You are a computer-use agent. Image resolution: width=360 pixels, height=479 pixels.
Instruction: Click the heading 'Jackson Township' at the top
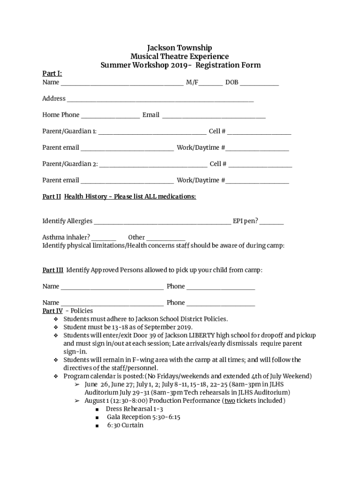tap(180, 48)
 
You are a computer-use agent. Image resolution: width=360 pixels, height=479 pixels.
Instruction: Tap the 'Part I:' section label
tap(52, 73)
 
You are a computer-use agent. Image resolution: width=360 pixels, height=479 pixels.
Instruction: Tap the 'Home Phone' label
tap(61, 115)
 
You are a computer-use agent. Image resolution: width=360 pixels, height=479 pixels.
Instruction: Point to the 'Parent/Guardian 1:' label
tap(70, 131)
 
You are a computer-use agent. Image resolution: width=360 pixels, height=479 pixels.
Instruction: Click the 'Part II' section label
tap(51, 197)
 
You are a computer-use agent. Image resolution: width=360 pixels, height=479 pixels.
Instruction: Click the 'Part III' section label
tap(53, 270)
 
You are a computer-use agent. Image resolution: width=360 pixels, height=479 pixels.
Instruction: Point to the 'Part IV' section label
tap(52, 311)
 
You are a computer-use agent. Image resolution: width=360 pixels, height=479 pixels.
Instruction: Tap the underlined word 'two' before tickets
tap(230, 401)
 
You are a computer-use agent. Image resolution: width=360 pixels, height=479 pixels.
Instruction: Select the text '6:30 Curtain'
tap(125, 425)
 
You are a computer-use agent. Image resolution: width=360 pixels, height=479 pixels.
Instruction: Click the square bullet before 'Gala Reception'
tap(97, 417)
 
